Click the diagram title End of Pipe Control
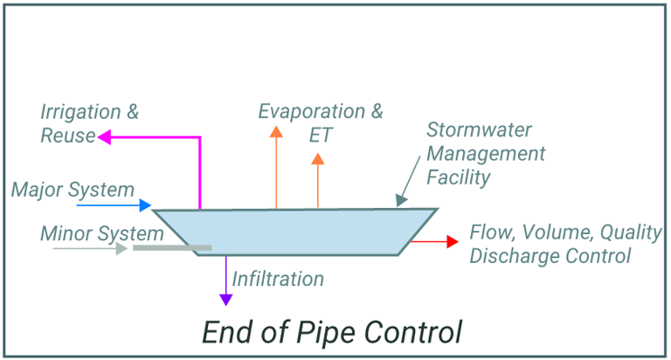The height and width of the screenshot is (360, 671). point(331,333)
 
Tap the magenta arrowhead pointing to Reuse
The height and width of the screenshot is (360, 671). point(102,136)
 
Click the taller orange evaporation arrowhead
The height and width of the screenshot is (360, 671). point(276,132)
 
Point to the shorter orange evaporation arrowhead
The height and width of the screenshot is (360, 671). point(318,159)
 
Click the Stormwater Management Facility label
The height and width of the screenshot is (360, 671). point(486,154)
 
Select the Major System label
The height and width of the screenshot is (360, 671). point(73,190)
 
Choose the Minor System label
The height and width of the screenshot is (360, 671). point(101,233)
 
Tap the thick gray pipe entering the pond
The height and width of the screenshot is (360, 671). point(172,248)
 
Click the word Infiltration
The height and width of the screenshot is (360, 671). point(278,280)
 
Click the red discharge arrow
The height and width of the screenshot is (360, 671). point(434,240)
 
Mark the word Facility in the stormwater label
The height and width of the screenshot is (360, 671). point(459,177)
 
